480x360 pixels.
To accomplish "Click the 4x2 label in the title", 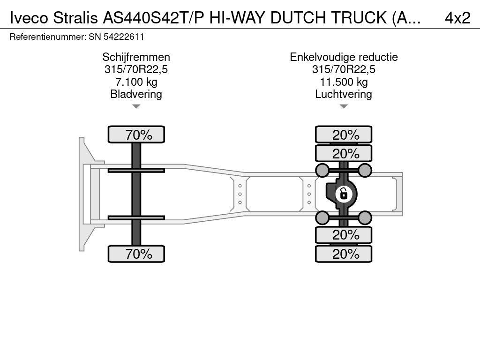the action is click(457, 18).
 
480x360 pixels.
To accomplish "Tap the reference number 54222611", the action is click(124, 37).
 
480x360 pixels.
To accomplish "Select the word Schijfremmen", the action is click(136, 57).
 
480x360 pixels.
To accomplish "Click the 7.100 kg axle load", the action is click(136, 82).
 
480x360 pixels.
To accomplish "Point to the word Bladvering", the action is click(136, 94).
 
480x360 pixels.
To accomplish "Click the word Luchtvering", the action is click(344, 94).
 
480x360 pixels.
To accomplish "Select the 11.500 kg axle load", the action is click(344, 82).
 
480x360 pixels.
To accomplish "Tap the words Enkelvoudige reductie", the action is click(344, 57).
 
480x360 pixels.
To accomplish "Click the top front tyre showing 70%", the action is click(136, 135).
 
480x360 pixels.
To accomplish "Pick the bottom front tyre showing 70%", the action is click(136, 254).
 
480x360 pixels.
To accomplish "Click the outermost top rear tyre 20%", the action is click(344, 135).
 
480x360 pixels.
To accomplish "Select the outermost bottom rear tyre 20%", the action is click(344, 254).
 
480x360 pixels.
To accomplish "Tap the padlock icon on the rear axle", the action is click(344, 194).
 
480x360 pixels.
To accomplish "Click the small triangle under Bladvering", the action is click(136, 106).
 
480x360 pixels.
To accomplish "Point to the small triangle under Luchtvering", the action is click(344, 106).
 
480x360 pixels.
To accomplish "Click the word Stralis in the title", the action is click(75, 18).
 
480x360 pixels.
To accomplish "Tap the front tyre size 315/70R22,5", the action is click(136, 69).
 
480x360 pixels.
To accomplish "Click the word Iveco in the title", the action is click(29, 18).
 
